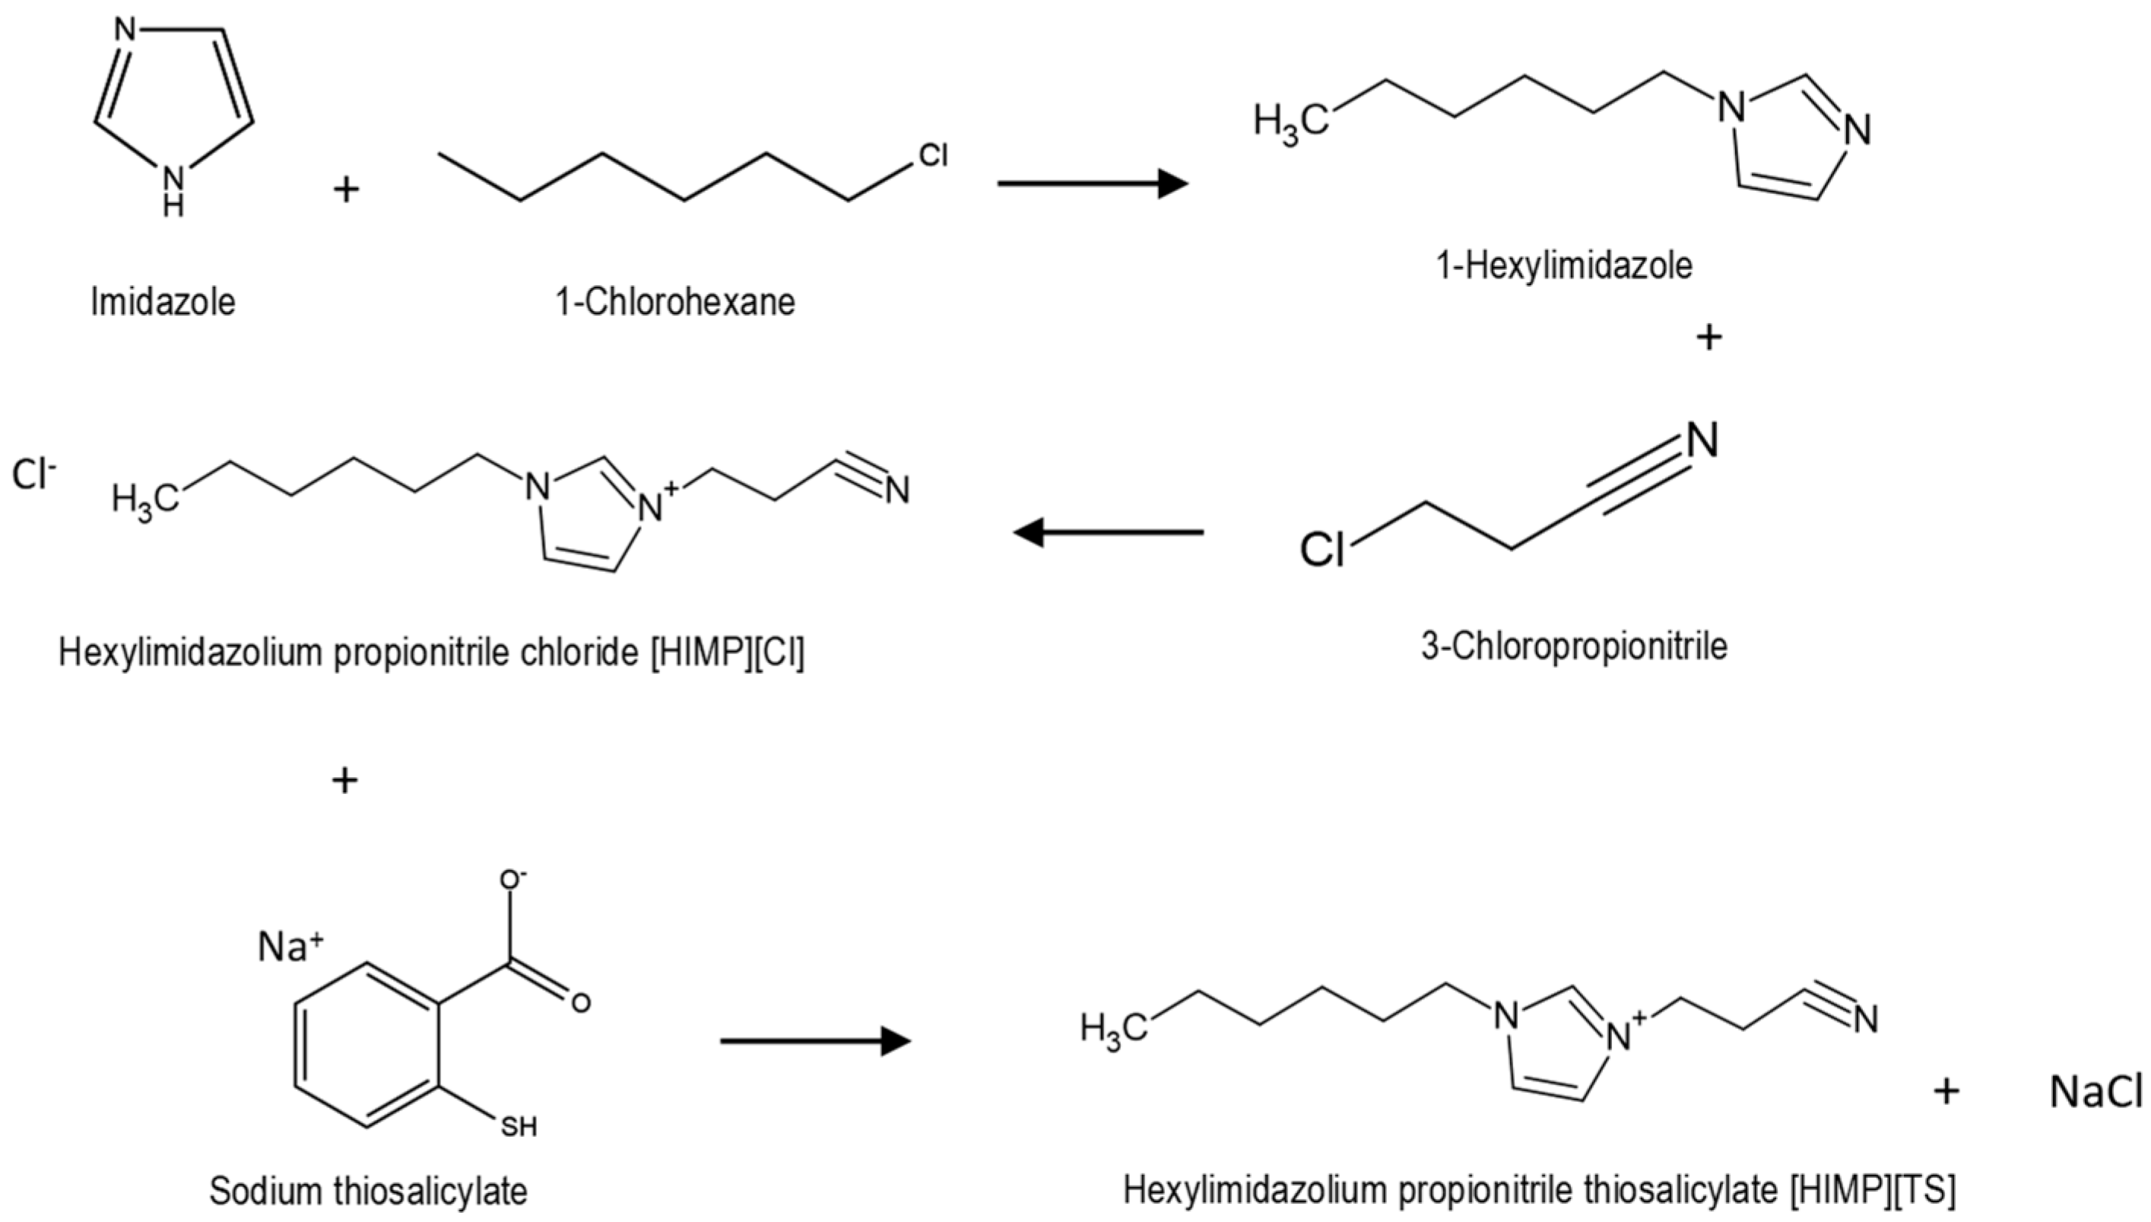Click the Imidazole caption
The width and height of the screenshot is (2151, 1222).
163,302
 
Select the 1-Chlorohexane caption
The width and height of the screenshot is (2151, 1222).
674,302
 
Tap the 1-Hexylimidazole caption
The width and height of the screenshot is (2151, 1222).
1564,266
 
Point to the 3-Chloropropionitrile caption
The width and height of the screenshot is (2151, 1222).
1574,647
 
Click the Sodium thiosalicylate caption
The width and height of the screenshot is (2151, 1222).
368,1190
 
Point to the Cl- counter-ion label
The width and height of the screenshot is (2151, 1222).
33,475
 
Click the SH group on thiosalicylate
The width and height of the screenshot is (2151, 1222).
519,1126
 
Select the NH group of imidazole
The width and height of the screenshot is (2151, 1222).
173,188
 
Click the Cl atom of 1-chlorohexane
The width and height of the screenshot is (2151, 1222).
933,155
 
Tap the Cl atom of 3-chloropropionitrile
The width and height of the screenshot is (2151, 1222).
1322,551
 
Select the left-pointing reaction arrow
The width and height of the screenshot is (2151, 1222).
1107,532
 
